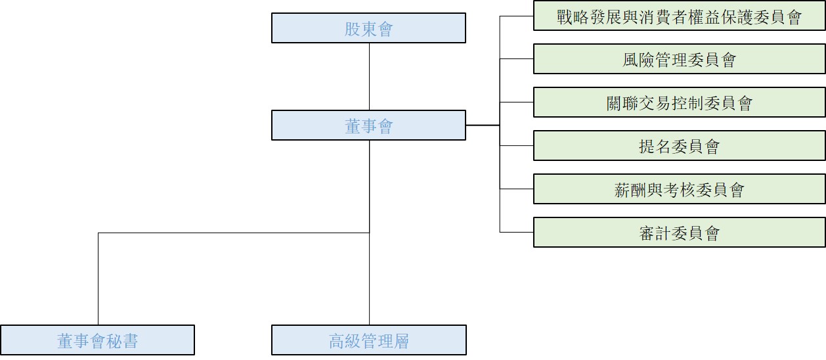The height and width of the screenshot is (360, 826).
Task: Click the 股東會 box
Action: click(368, 28)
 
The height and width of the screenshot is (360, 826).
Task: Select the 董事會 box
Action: click(368, 125)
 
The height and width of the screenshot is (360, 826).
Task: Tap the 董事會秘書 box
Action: click(97, 340)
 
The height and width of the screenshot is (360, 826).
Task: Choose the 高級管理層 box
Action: click(368, 340)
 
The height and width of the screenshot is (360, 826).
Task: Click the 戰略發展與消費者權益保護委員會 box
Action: click(679, 16)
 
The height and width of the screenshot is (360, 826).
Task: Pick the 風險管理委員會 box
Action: click(679, 59)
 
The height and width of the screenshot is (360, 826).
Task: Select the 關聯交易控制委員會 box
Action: click(679, 102)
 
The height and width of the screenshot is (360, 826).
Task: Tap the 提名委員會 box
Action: click(679, 146)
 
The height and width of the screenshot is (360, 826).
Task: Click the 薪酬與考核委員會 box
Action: click(679, 189)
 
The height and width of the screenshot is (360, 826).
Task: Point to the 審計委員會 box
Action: click(679, 233)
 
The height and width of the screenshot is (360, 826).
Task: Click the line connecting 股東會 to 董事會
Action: click(369, 76)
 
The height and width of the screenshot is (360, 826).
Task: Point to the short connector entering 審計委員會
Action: click(517, 232)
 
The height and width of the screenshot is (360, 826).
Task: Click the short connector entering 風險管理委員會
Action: click(517, 59)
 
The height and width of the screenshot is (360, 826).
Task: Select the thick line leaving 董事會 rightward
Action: click(483, 125)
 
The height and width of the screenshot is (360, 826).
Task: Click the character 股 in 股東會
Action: click(353, 29)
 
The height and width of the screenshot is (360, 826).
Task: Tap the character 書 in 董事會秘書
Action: click(130, 341)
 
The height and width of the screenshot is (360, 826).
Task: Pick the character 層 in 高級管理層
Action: click(401, 341)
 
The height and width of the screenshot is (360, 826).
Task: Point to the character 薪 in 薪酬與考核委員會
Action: click(622, 190)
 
